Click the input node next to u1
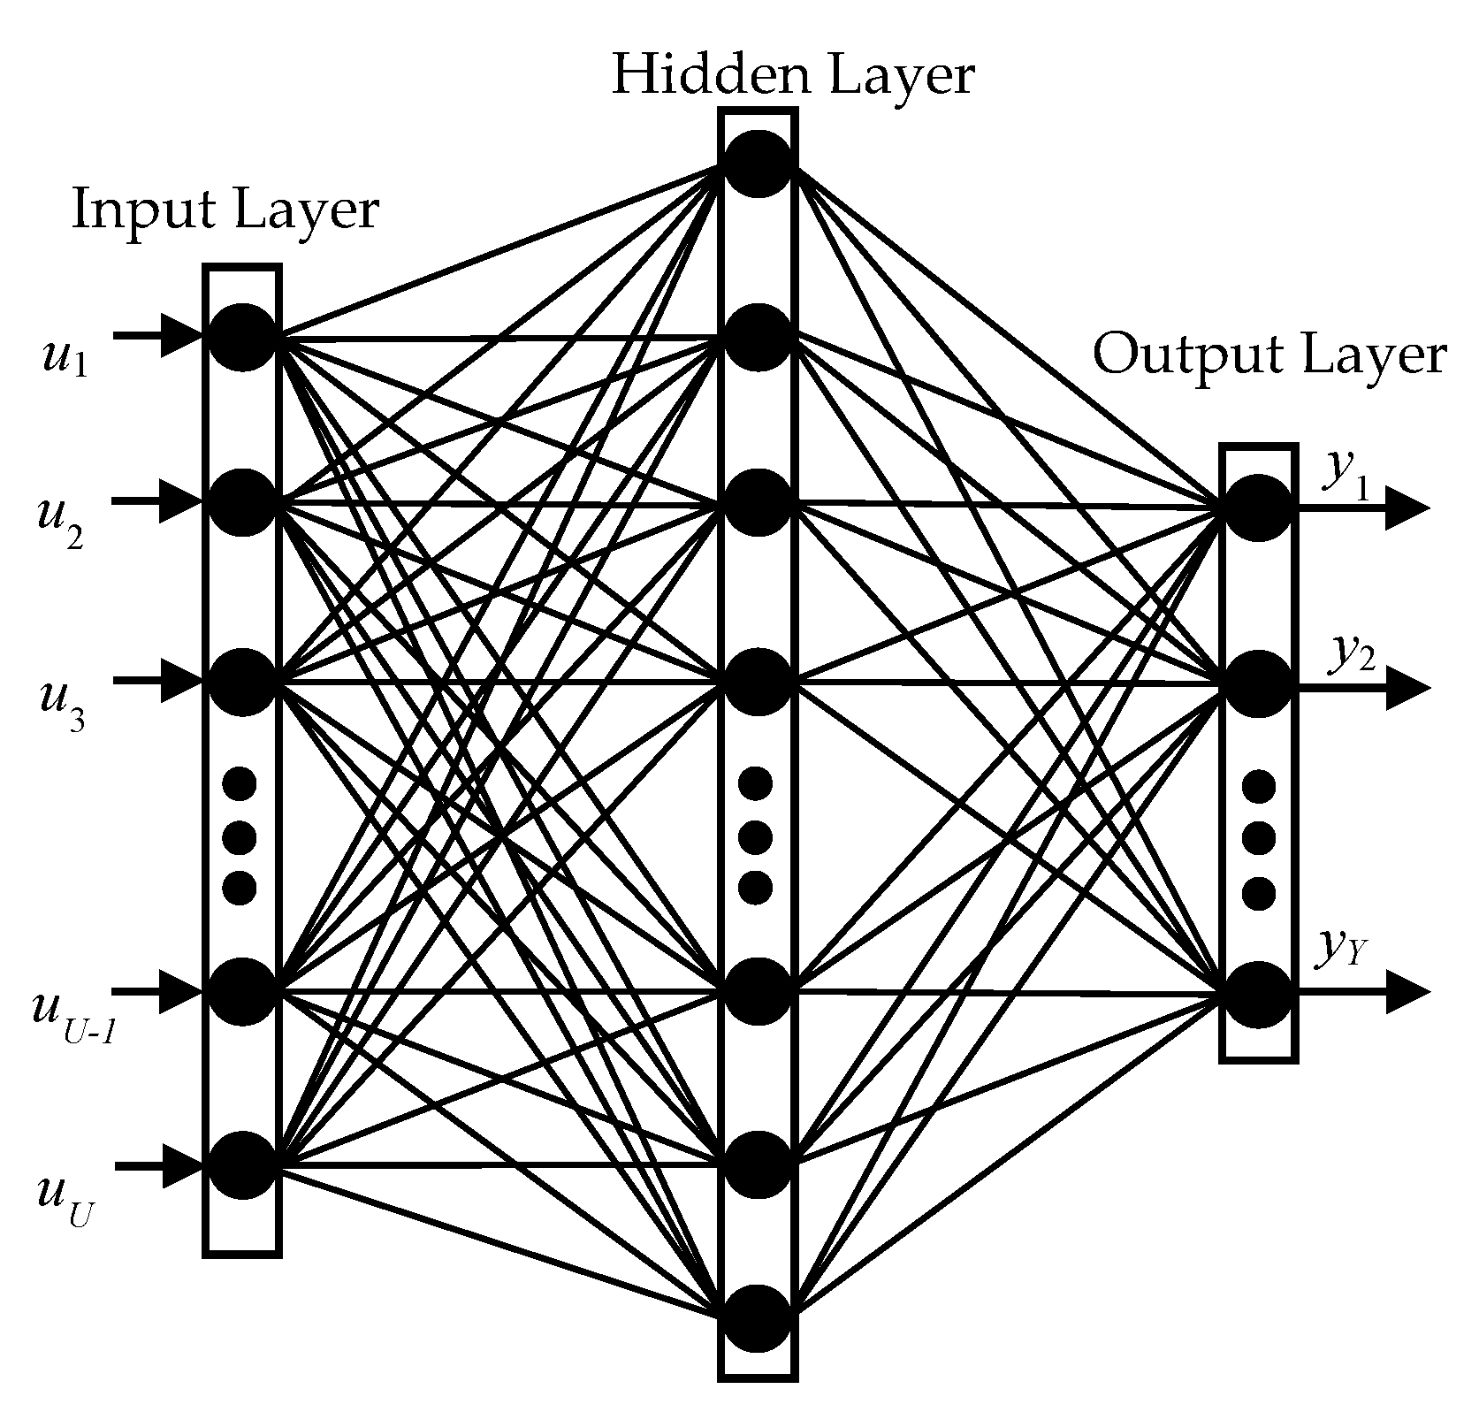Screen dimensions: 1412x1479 pos(242,337)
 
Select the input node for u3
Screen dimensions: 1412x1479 pos(242,682)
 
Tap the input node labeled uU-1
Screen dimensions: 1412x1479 pos(242,991)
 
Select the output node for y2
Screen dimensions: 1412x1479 pos(1258,683)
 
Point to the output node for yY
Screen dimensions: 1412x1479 pos(1258,995)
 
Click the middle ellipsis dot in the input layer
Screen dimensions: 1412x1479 pos(240,836)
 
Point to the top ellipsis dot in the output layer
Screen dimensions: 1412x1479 pos(1258,786)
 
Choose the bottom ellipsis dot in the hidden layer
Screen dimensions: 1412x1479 pos(755,887)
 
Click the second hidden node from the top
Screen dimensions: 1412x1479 pos(758,337)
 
